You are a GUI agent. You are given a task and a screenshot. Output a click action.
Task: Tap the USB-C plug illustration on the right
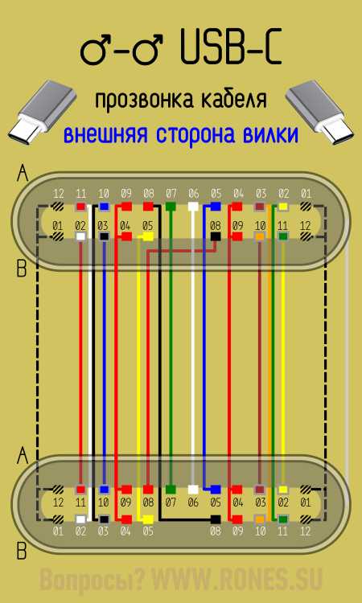(321, 113)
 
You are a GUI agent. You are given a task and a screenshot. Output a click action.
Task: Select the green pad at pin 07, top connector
(171, 207)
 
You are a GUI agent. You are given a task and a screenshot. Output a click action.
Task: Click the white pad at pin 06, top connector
(193, 207)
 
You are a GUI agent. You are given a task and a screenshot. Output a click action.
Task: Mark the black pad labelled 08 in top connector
(216, 236)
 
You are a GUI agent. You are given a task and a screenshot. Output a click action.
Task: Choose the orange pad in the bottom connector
(260, 519)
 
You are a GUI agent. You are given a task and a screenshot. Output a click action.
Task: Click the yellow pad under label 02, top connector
(282, 207)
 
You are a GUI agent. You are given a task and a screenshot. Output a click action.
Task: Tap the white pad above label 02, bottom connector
(80, 519)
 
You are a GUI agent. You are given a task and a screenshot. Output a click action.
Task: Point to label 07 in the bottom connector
(171, 503)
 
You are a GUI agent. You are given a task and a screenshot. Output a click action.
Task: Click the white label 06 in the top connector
(193, 193)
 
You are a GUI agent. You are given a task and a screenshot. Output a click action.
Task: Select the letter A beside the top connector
(23, 174)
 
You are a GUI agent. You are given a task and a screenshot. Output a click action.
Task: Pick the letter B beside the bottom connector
(22, 552)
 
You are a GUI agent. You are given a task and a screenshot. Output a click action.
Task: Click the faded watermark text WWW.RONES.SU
(237, 579)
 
